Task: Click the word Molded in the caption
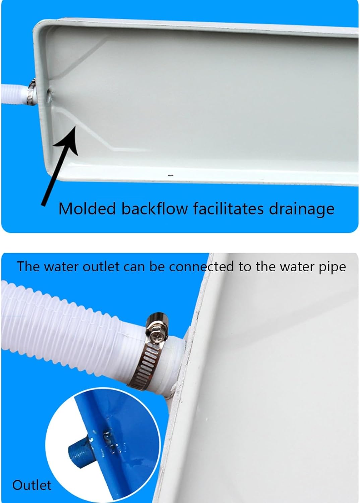pos(87,209)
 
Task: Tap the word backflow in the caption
pos(155,209)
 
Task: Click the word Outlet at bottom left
pos(32,485)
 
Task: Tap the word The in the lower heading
pos(28,267)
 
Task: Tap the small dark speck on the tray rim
pos(170,175)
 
